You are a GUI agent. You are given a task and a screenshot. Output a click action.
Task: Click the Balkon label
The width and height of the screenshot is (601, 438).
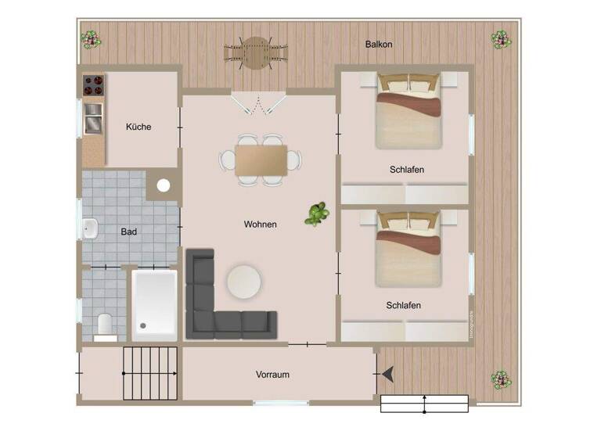click(x=379, y=45)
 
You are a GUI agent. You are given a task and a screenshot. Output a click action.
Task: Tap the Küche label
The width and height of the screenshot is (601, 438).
click(x=139, y=127)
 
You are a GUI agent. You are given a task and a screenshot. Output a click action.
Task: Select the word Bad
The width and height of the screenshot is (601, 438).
click(x=129, y=232)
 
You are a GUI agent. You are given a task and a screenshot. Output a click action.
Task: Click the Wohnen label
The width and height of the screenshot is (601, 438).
click(x=261, y=224)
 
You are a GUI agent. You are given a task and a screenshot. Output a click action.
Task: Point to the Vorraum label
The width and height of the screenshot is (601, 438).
click(x=272, y=375)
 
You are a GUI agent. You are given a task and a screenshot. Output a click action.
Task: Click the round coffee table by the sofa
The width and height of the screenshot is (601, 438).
click(x=244, y=282)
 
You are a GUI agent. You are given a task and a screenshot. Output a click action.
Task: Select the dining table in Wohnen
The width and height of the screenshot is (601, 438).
click(x=261, y=160)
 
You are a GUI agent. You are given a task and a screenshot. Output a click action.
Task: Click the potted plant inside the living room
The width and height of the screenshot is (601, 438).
click(x=316, y=213)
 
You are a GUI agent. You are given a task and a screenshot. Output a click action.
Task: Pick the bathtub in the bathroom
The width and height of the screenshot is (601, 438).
click(x=155, y=304)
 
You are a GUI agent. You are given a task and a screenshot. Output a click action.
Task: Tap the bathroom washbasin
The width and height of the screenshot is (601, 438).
click(x=90, y=228)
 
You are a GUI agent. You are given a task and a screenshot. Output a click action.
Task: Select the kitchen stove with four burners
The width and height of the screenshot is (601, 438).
click(x=94, y=84)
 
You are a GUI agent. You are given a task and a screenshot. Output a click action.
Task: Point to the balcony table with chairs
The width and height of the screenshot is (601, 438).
click(x=255, y=53)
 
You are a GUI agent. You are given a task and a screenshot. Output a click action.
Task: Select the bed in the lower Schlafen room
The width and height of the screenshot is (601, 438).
click(x=408, y=247)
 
